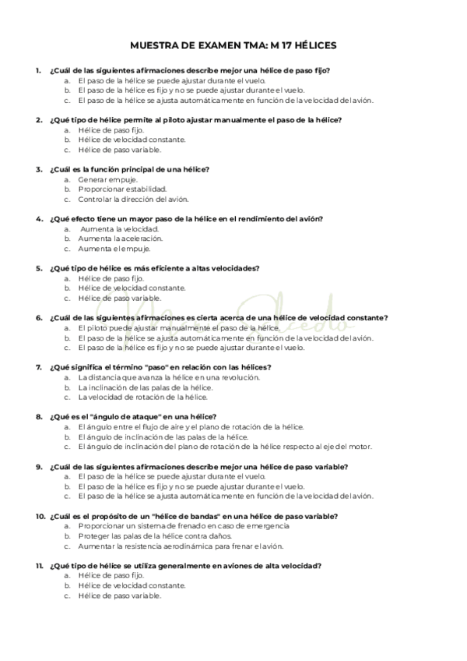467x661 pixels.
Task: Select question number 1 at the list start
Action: point(38,71)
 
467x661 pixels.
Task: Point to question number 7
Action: point(38,366)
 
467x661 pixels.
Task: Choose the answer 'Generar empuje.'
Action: point(107,179)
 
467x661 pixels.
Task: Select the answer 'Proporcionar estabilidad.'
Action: point(122,189)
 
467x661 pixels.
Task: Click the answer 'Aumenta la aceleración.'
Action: point(120,239)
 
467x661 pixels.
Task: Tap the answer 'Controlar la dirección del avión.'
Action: point(133,199)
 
